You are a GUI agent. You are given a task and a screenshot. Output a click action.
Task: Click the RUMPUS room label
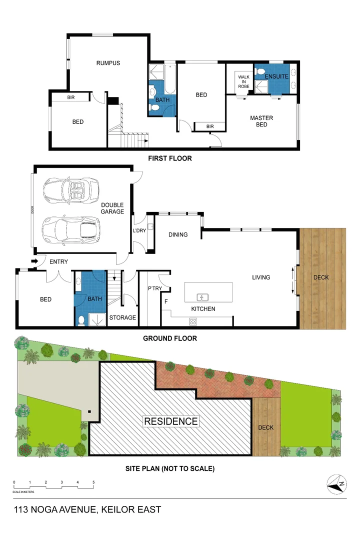108,63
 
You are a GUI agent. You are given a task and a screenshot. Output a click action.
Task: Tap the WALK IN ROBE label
243,81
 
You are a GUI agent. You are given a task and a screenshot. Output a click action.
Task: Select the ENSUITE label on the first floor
276,76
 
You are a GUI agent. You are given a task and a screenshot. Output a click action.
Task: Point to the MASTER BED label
261,121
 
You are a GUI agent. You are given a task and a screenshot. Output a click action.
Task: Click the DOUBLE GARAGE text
112,208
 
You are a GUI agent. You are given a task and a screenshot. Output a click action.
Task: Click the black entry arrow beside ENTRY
34,261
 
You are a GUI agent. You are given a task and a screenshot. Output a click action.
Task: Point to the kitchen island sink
202,296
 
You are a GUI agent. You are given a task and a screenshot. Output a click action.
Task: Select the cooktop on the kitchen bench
192,320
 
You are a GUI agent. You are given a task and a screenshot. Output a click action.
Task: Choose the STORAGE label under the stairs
122,317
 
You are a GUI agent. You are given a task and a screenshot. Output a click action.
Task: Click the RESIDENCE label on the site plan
171,421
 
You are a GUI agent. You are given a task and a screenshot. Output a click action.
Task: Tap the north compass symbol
337,484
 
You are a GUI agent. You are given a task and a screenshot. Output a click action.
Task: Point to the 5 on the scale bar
93,482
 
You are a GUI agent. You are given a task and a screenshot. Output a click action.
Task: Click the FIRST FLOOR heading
170,158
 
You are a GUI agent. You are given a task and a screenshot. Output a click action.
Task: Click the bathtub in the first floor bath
169,80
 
